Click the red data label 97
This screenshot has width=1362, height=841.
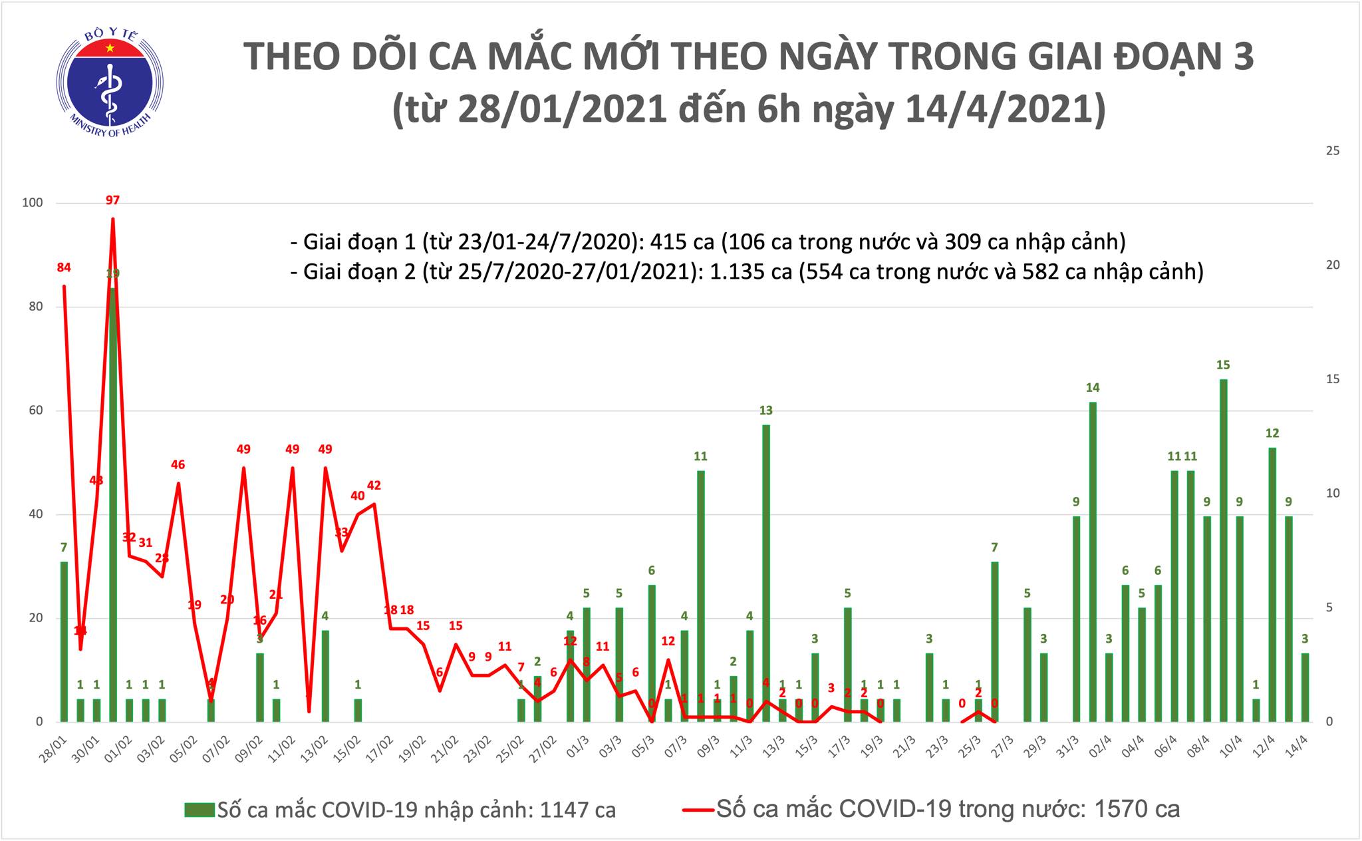[112, 200]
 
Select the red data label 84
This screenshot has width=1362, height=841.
[64, 268]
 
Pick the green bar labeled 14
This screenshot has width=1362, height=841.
[1093, 562]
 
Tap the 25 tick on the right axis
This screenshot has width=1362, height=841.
[1332, 151]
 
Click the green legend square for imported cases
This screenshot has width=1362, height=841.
[200, 810]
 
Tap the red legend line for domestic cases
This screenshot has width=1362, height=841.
[698, 810]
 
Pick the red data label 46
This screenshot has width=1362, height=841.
[178, 465]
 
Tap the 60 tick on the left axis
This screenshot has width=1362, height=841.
[34, 411]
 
